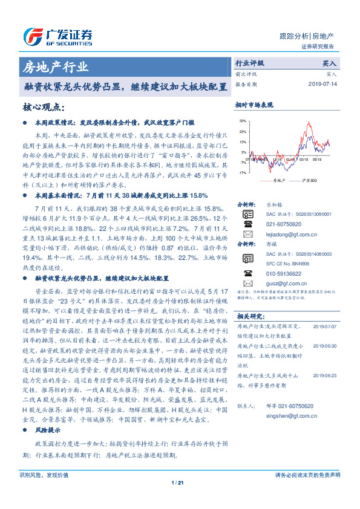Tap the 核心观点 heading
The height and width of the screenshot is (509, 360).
[x=44, y=107]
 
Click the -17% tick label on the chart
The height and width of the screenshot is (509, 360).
[x=243, y=172]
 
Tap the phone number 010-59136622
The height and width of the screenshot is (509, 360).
[x=283, y=272]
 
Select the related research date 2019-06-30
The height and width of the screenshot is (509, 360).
[x=327, y=345]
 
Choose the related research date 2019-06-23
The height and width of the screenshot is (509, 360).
[x=327, y=375]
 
